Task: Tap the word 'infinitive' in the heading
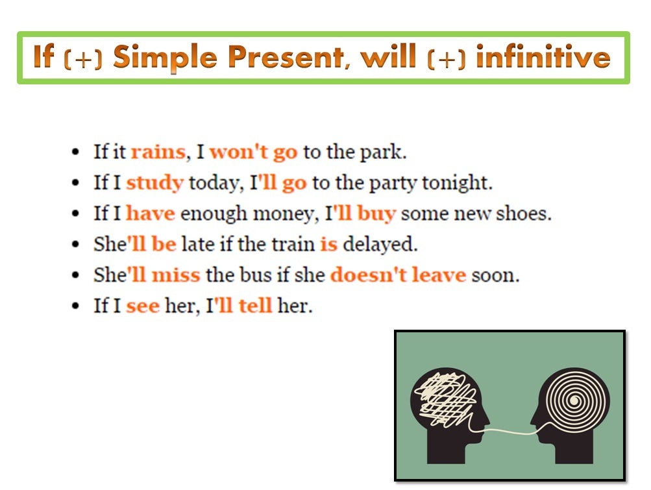(x=543, y=58)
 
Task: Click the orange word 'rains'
(x=158, y=152)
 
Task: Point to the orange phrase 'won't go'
(x=253, y=152)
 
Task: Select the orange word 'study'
(x=154, y=183)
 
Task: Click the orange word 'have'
(x=150, y=213)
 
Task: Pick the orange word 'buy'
(x=376, y=213)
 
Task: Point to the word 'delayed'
(x=380, y=244)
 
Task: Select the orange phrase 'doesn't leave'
(x=398, y=275)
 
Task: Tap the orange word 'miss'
(x=175, y=275)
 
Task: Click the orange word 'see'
(x=142, y=305)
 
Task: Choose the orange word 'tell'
(x=254, y=305)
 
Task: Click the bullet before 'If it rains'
(x=77, y=153)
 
